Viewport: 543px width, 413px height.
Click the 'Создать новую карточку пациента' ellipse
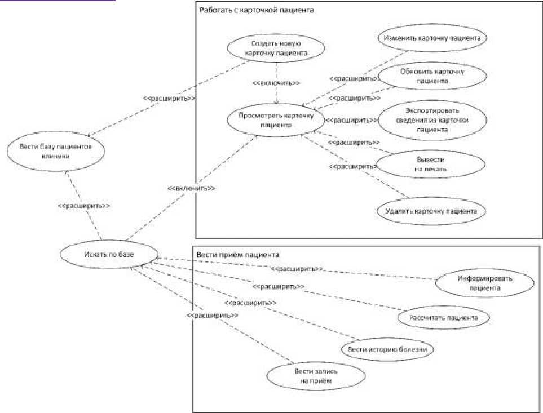pos(276,48)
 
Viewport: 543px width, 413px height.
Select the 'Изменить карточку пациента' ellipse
pos(432,38)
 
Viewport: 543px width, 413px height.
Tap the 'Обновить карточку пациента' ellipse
pos(432,76)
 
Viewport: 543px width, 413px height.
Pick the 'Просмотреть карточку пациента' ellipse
pos(276,120)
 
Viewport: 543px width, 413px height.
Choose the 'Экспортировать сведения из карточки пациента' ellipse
pos(432,120)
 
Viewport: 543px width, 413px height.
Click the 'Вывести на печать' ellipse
pos(430,165)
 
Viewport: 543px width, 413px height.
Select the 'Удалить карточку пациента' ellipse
pos(431,211)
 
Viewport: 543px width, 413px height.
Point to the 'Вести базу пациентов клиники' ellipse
pos(55,151)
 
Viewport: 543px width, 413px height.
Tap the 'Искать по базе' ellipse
pos(109,254)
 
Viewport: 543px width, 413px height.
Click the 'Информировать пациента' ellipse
pos(484,283)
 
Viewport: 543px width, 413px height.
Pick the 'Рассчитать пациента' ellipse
pos(444,318)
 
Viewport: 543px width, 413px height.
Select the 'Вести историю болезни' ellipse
pos(387,349)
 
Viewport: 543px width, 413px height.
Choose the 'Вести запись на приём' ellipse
pos(316,376)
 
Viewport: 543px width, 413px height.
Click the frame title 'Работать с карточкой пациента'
pos(257,10)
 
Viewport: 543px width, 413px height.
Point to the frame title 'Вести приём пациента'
pos(238,255)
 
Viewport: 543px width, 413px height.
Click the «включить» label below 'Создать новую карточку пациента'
pos(276,83)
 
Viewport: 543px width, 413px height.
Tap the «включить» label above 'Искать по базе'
pos(191,189)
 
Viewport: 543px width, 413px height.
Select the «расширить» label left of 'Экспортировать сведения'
pos(351,121)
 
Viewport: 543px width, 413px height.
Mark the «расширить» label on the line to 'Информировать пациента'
pos(297,269)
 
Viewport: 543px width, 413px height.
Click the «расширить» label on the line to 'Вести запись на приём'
pos(212,316)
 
